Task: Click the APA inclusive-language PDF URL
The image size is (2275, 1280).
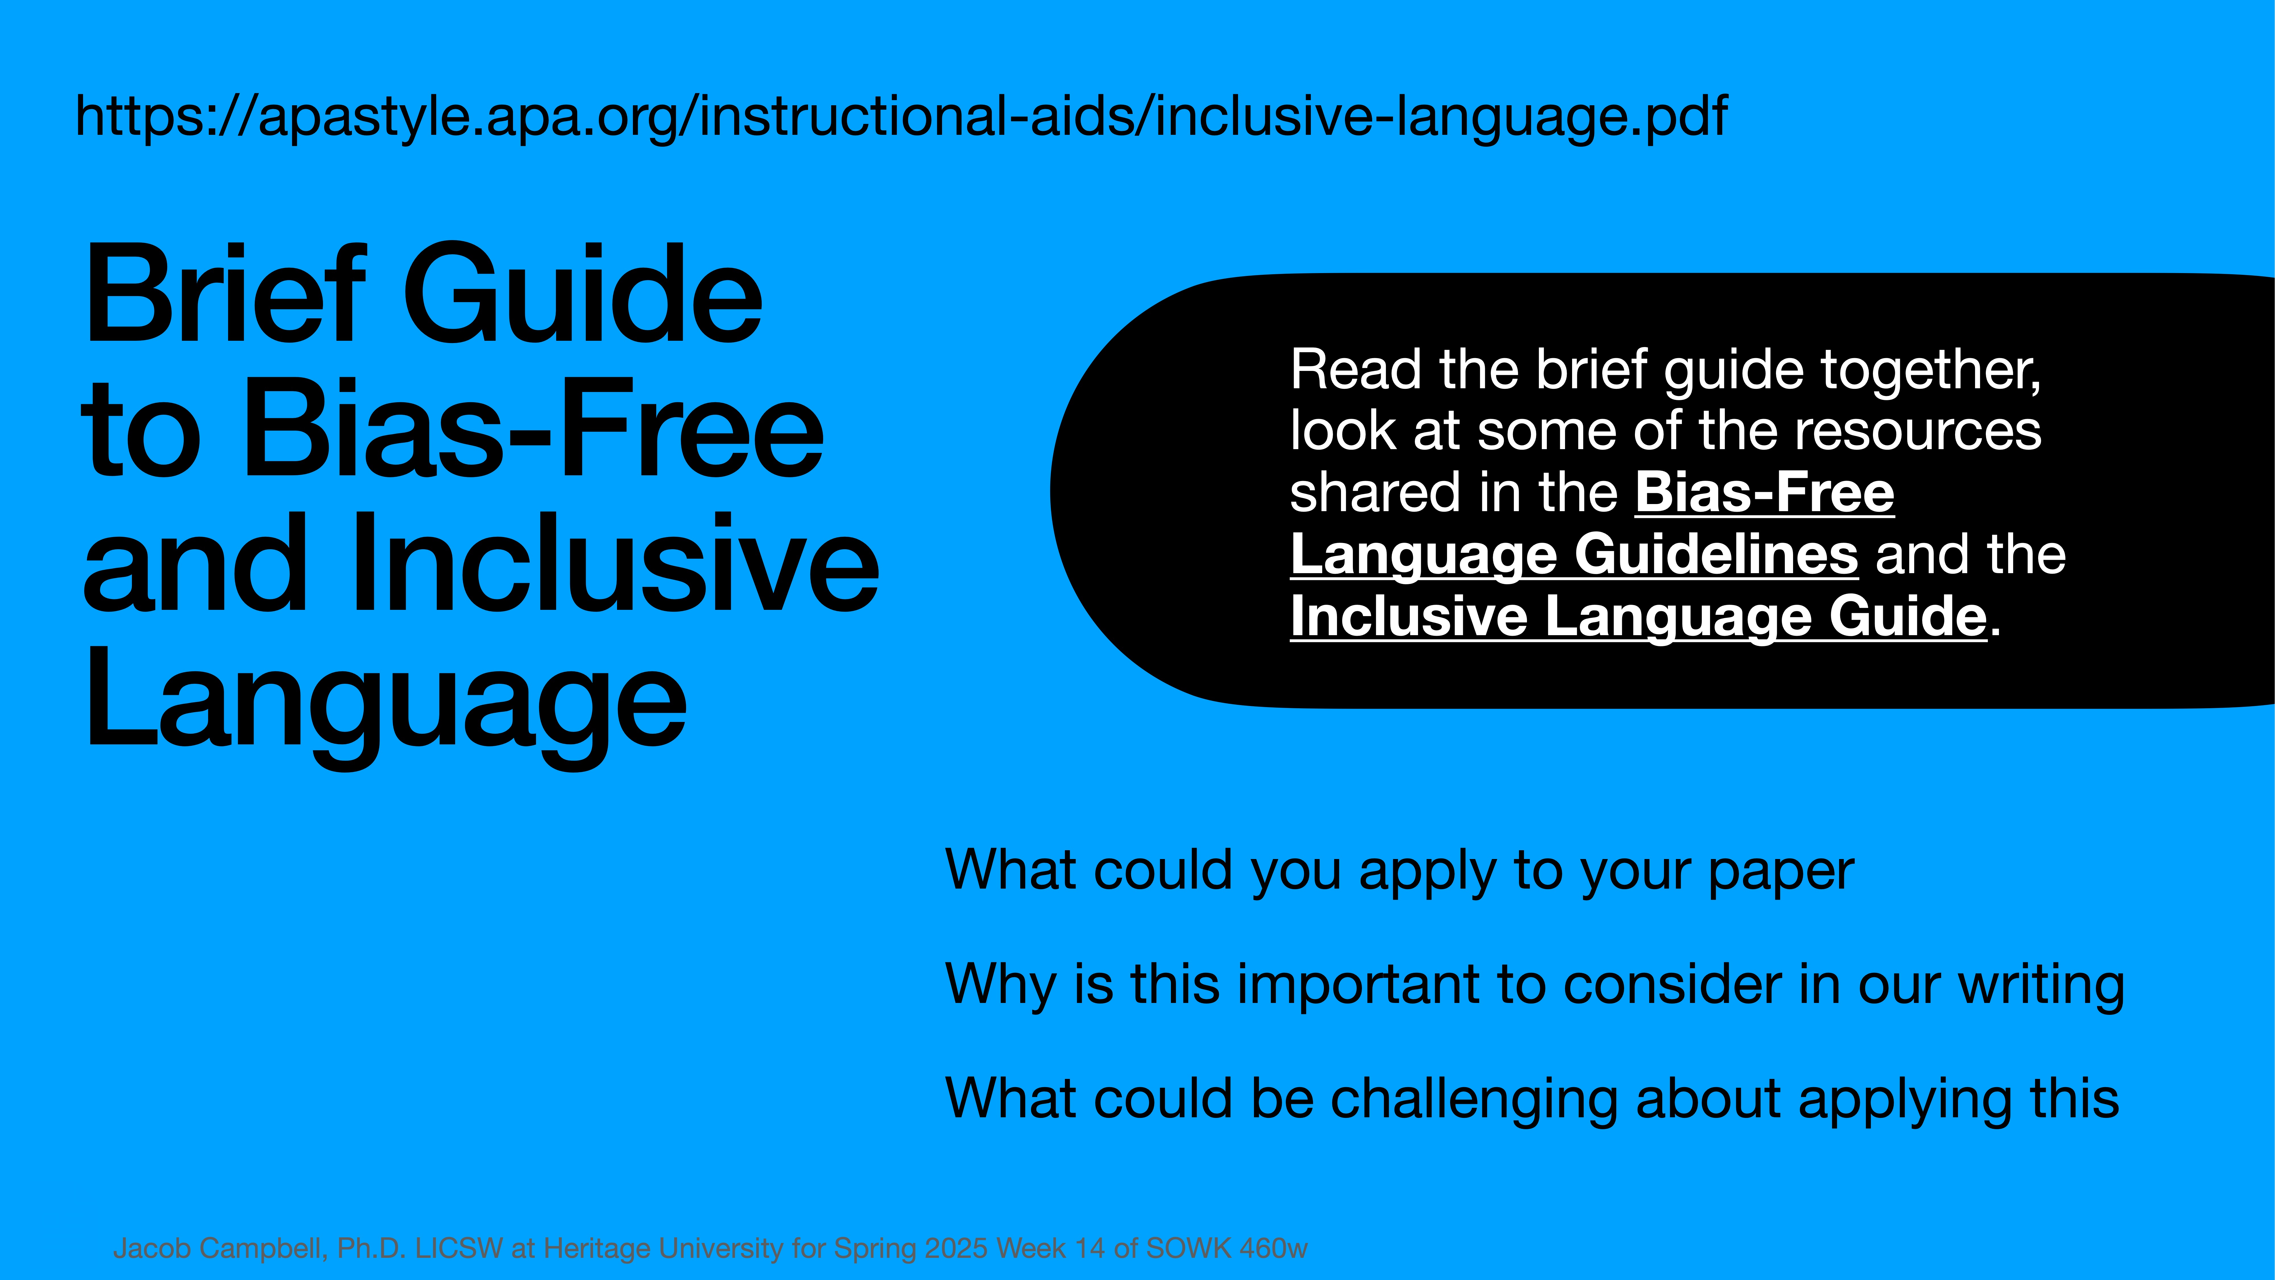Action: click(901, 117)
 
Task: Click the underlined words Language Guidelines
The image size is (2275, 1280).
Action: click(1574, 555)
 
